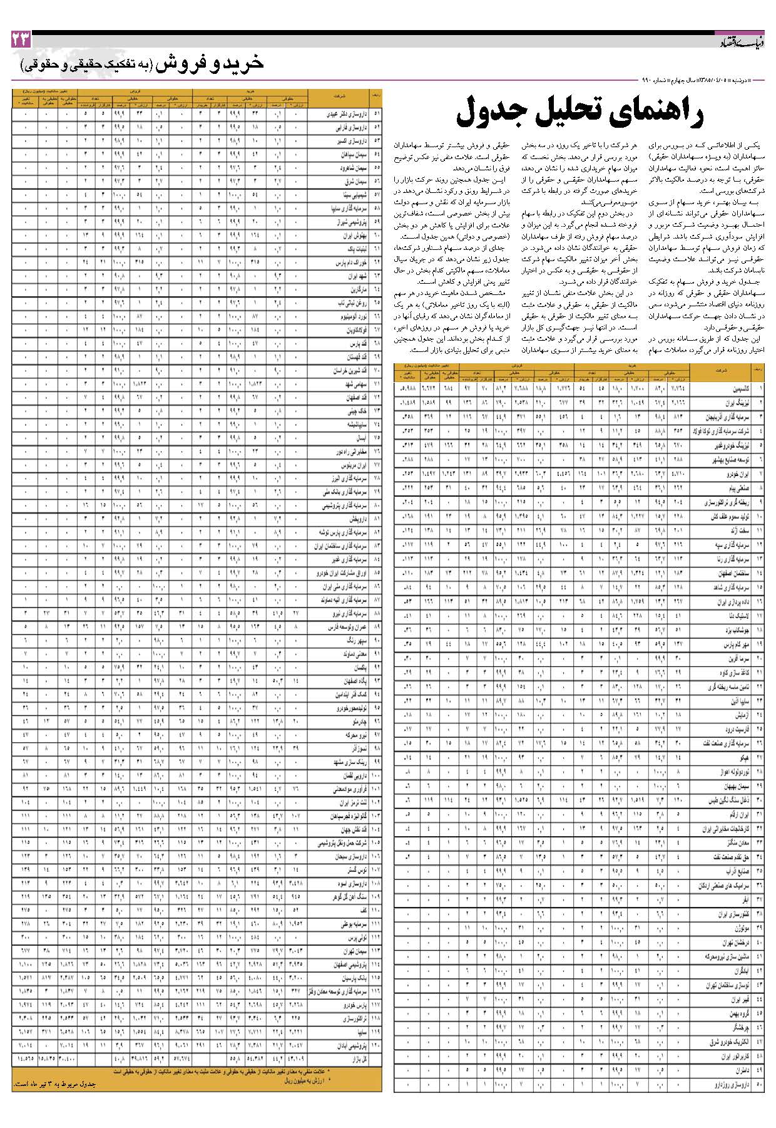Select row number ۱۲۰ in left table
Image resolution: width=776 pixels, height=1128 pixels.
[377, 1045]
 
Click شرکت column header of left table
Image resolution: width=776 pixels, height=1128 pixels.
[340, 97]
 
